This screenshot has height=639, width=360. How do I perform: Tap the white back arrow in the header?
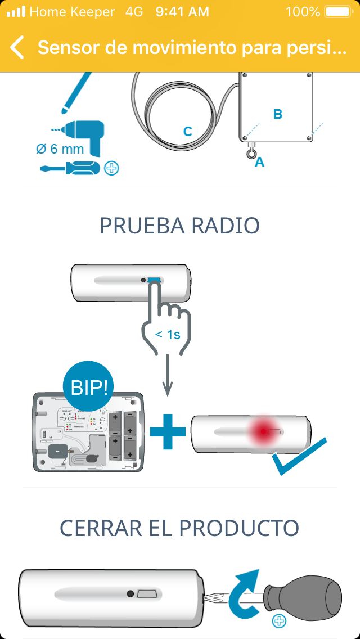point(17,48)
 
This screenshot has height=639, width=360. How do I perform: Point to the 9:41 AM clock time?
point(182,11)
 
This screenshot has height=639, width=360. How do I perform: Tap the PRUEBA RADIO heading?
point(180,226)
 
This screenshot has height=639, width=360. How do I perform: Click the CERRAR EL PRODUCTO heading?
point(180,528)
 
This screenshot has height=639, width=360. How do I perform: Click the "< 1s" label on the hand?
point(168,335)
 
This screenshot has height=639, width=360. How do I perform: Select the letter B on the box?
point(277,114)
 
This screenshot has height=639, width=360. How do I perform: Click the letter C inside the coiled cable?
point(188,132)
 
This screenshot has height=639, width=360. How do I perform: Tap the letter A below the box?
point(259,162)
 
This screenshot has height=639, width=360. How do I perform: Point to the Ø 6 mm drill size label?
point(60,149)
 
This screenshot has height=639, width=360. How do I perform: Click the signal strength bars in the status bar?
point(16,11)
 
